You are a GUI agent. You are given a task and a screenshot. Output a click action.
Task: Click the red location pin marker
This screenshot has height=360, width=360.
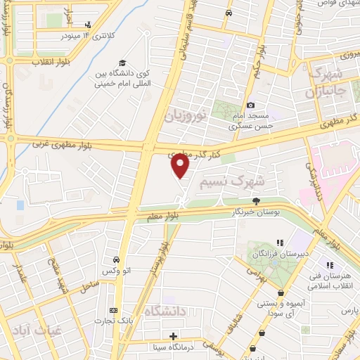coord(180,165)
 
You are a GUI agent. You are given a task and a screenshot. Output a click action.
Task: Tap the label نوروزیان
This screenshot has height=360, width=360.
coord(186,115)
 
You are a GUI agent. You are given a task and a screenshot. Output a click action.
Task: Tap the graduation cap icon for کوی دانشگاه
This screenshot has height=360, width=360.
coord(122,63)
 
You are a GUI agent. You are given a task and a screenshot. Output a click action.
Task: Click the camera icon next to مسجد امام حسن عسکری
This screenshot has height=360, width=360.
coord(250,105)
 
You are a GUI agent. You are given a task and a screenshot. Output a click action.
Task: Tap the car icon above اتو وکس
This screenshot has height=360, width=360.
coord(115,259)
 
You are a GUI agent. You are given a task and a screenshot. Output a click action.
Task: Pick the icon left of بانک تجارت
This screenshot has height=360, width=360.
coord(113,310)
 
